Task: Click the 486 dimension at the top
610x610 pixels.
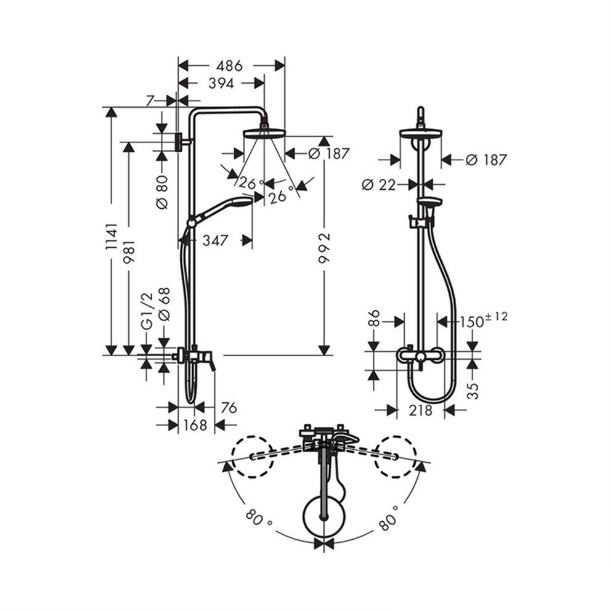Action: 230,66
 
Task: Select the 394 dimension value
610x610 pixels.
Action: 221,83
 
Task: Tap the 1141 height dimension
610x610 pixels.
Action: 112,236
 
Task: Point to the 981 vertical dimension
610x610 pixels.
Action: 129,252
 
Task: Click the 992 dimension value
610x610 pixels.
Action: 324,248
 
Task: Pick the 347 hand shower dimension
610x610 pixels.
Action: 215,240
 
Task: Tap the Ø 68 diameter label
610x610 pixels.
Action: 165,304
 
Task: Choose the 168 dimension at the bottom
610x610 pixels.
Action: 195,425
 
